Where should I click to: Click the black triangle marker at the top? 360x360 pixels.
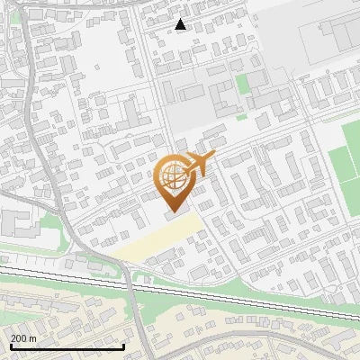tap(181, 24)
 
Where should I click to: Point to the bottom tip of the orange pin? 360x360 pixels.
tap(173, 212)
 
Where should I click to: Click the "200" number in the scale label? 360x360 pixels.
tap(18, 337)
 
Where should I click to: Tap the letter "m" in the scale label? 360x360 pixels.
tap(32, 337)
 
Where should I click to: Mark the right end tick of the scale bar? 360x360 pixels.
tap(123, 346)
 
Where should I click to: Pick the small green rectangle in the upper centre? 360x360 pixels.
tap(242, 85)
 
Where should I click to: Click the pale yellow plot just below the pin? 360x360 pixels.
tap(157, 240)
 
